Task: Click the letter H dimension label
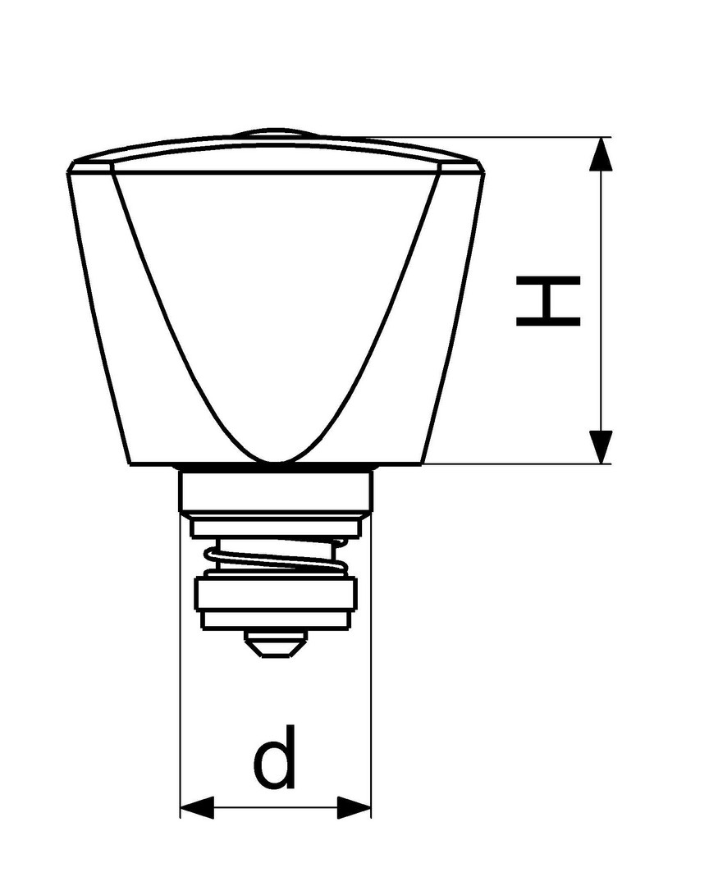pyautogui.click(x=548, y=301)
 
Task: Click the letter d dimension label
pyautogui.click(x=275, y=756)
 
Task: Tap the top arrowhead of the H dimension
pyautogui.click(x=601, y=153)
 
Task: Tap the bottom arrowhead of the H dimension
pyautogui.click(x=601, y=447)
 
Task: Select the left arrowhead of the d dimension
pyautogui.click(x=197, y=807)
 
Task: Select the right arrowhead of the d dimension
pyautogui.click(x=354, y=807)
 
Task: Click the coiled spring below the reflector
pyautogui.click(x=276, y=556)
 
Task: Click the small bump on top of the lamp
pyautogui.click(x=276, y=134)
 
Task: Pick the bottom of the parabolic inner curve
pyautogui.click(x=277, y=462)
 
